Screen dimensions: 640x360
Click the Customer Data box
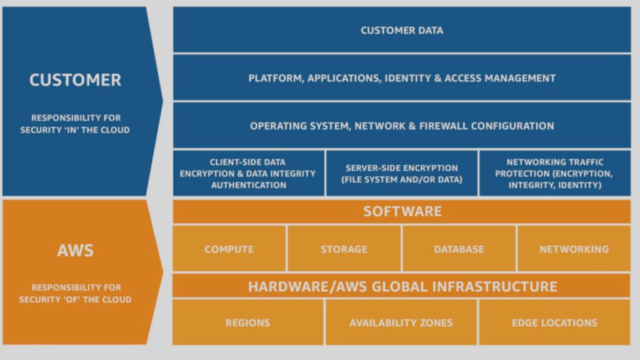pos(402,30)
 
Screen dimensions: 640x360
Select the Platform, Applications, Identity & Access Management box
pos(402,77)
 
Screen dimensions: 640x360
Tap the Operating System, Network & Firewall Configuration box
pos(402,125)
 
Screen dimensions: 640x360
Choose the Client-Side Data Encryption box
pos(249,173)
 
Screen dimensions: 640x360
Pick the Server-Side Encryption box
pos(402,173)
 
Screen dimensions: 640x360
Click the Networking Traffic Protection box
pos(555,173)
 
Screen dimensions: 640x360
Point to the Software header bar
pos(402,211)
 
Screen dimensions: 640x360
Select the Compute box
pos(229,249)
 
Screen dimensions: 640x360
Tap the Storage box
pos(344,249)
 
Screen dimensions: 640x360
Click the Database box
pos(459,249)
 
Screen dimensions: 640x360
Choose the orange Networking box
pos(574,249)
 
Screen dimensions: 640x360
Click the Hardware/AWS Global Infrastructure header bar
pos(402,286)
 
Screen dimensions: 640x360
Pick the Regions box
pos(247,322)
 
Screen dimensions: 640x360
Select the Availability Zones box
pos(401,322)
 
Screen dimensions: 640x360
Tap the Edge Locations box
pos(555,322)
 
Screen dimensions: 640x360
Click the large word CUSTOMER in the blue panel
pos(75,80)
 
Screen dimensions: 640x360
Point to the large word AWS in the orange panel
pos(76,250)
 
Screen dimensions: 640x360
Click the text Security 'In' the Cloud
pos(75,130)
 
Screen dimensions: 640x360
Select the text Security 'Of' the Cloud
pos(75,299)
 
